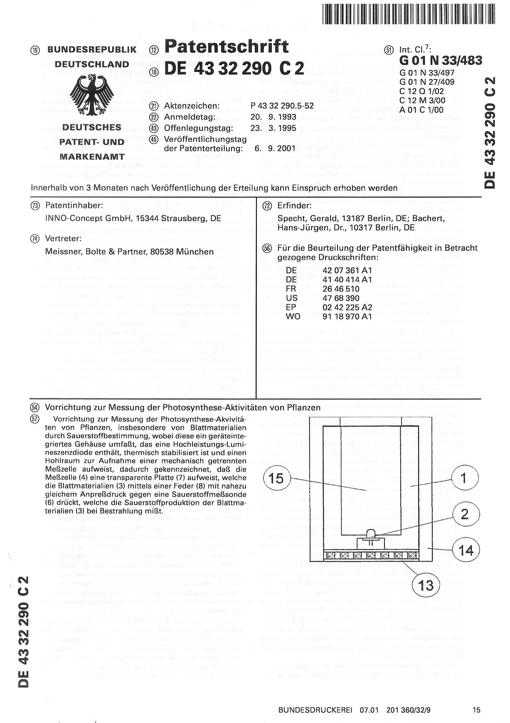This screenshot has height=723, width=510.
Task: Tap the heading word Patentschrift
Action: (226, 47)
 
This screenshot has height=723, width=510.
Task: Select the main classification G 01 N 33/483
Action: (441, 61)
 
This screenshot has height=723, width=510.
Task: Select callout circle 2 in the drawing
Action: (465, 515)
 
